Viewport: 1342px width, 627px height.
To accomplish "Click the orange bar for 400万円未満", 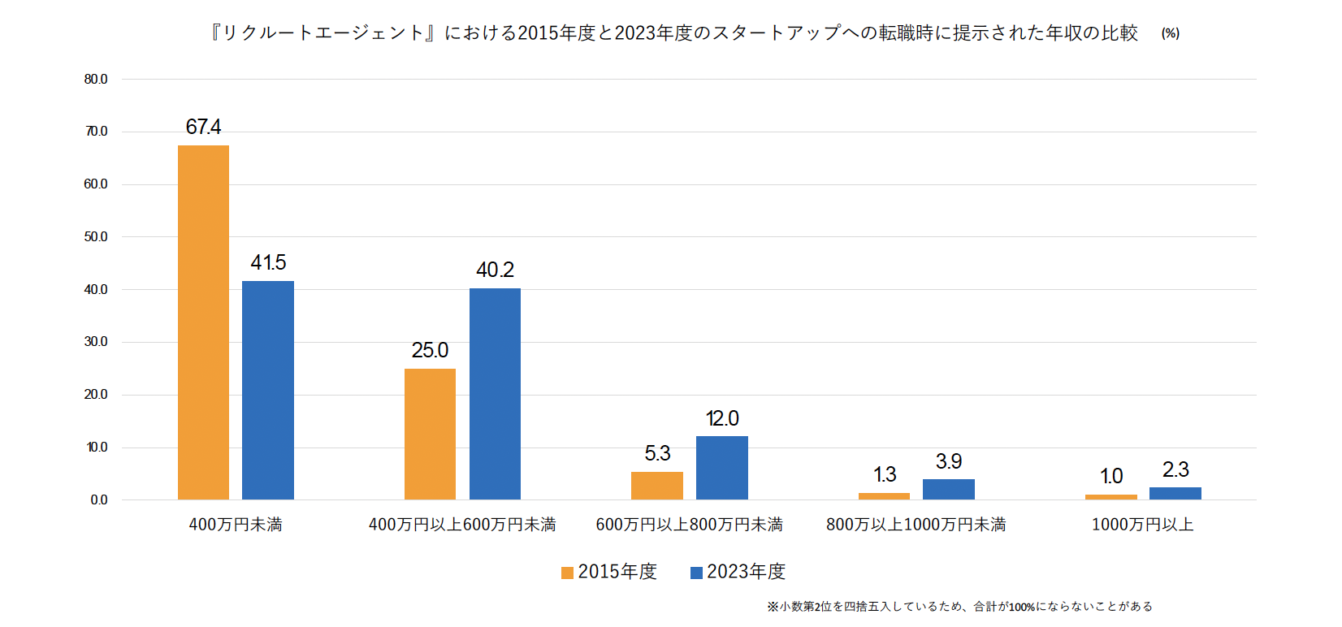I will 203,322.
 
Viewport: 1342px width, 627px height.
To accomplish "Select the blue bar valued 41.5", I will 268,390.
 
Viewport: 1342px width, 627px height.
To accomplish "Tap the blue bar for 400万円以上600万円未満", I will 495,394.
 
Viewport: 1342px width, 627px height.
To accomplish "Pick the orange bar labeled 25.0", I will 430,434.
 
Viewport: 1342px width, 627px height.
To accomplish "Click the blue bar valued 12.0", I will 721,468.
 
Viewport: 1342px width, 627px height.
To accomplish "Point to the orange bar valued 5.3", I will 656,486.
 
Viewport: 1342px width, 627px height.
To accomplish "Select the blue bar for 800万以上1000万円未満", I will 948,489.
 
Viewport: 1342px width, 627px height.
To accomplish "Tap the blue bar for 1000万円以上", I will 1175,493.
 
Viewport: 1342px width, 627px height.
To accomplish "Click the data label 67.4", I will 203,127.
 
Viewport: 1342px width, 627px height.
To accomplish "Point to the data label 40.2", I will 495,270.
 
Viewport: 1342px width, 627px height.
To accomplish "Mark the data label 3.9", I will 948,461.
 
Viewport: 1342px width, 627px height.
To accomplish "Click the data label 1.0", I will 1110,476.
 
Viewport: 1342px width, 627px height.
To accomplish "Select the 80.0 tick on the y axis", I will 96,80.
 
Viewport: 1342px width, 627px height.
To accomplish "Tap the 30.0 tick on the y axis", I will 96,342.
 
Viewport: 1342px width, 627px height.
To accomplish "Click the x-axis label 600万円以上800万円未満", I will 689,525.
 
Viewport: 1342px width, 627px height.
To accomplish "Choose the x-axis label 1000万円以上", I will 1142,525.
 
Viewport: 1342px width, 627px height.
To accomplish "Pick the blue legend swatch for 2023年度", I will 696,573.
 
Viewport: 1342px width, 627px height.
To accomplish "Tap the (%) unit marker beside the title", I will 1170,33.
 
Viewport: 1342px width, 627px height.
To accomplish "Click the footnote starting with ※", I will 959,606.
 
